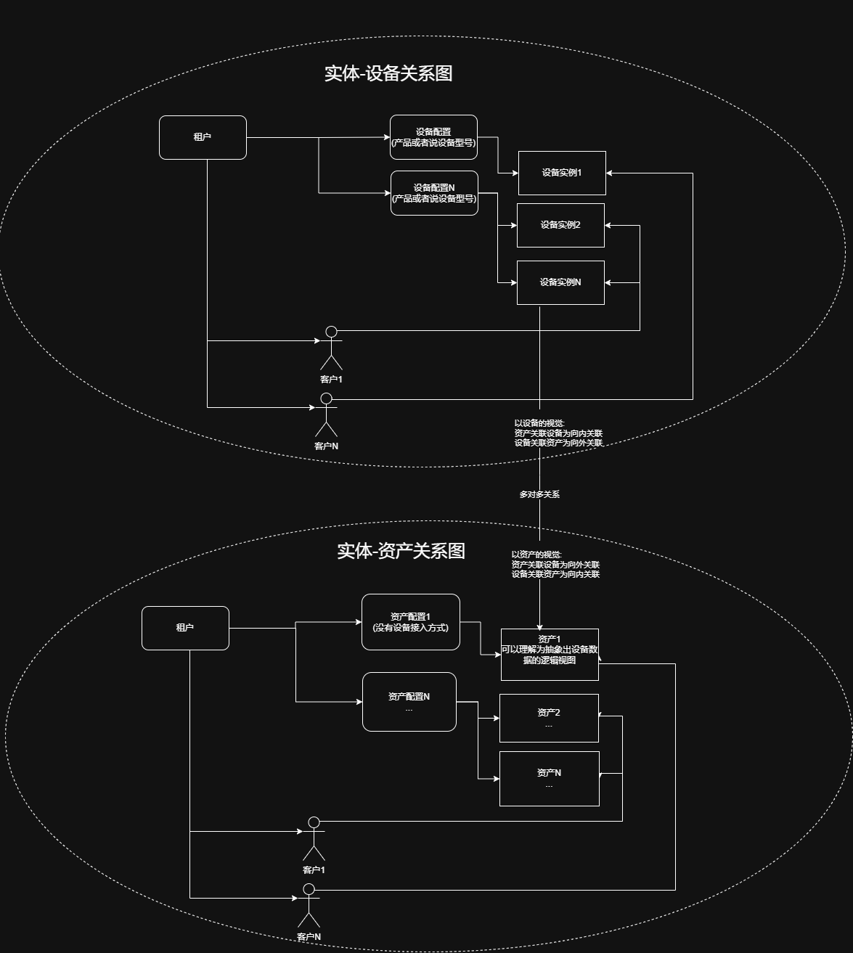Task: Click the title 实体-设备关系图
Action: [388, 74]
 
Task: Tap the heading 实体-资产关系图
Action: [401, 551]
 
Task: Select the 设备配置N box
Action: [434, 193]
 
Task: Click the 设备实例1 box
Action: [562, 173]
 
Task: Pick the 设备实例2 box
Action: [560, 225]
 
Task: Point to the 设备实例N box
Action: [560, 282]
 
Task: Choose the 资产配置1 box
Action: [410, 621]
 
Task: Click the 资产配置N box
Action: [409, 701]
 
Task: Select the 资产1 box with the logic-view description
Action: [550, 654]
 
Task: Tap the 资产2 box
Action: [549, 718]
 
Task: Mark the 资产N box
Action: [549, 779]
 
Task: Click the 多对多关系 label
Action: [539, 494]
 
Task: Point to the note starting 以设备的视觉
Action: [558, 433]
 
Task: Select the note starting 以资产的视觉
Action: [555, 564]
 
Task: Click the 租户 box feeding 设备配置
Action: [203, 137]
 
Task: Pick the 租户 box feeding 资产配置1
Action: [185, 628]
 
